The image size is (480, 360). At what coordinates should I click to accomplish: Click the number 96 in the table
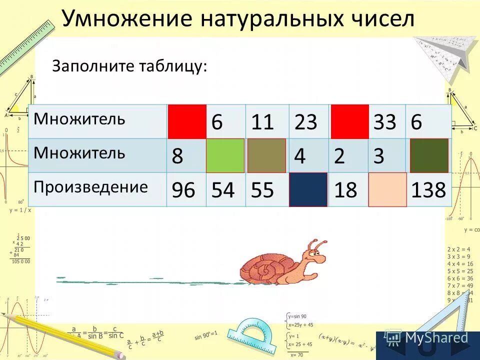click(x=183, y=190)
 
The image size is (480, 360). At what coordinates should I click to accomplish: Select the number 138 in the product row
click(x=428, y=190)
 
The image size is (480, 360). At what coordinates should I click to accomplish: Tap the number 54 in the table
click(x=222, y=190)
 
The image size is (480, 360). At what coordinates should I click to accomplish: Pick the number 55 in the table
click(x=262, y=190)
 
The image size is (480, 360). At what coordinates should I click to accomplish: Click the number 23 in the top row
click(x=306, y=122)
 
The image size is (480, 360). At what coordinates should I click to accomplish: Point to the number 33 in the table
click(x=384, y=122)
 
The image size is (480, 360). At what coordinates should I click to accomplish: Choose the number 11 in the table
click(x=263, y=122)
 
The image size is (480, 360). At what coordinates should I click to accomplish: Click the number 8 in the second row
click(x=177, y=156)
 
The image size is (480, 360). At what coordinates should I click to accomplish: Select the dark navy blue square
click(x=308, y=189)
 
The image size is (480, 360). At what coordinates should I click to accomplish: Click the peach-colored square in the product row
click(x=387, y=189)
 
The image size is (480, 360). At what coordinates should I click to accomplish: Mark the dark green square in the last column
click(x=429, y=155)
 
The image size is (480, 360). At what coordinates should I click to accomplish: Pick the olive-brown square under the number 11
click(x=266, y=155)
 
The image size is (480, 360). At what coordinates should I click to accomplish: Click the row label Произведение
click(x=91, y=187)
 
